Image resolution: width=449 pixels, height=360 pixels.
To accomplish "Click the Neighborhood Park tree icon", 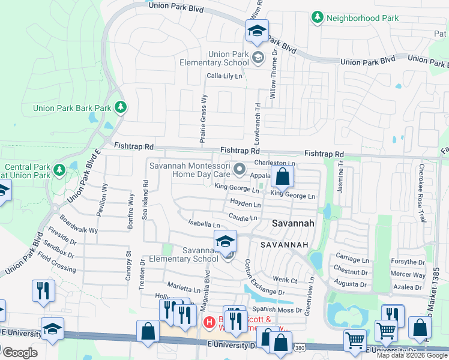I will [x=318, y=18].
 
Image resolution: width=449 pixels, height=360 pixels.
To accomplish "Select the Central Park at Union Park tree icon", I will [x=59, y=170].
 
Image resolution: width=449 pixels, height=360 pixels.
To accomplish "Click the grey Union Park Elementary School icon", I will [x=258, y=58].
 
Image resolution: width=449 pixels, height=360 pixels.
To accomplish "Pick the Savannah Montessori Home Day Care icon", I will [x=240, y=170].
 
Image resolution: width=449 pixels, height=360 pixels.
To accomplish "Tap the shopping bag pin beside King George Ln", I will [x=283, y=177].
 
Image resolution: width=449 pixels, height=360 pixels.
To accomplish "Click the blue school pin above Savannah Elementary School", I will [x=226, y=241].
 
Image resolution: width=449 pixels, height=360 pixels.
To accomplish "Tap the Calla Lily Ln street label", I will [x=224, y=76].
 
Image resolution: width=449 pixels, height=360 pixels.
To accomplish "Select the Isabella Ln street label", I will [x=204, y=224].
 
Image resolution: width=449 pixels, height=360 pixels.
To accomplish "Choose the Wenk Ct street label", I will [x=285, y=280].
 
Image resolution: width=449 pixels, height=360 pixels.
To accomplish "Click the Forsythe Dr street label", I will [x=408, y=262].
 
